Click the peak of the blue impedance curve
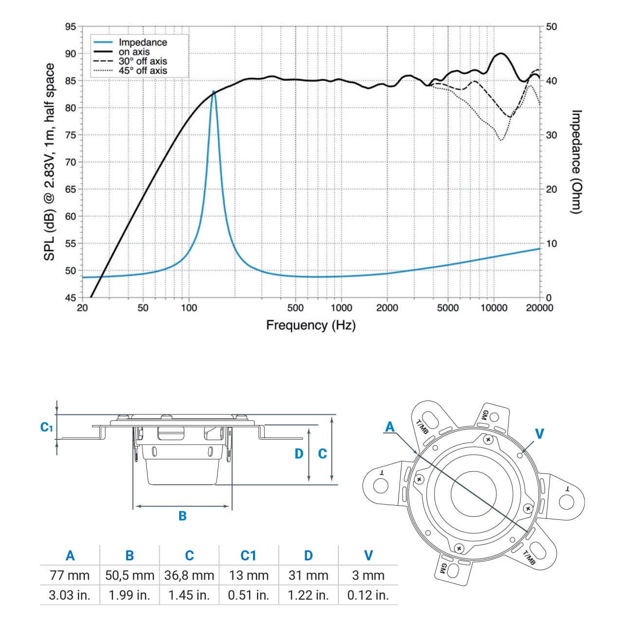pyautogui.click(x=213, y=91)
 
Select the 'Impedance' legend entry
pyautogui.click(x=142, y=43)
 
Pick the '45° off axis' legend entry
pyautogui.click(x=142, y=71)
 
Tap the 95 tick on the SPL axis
pyautogui.click(x=71, y=27)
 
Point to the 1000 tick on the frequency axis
pyautogui.click(x=341, y=308)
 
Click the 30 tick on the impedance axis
pyautogui.click(x=551, y=135)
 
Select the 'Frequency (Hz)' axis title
pyautogui.click(x=311, y=325)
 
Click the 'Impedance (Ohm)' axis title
pyautogui.click(x=576, y=162)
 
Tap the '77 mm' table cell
pyautogui.click(x=70, y=575)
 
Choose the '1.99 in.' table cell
pyautogui.click(x=129, y=595)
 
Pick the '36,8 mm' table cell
pyautogui.click(x=189, y=575)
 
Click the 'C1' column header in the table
pyautogui.click(x=248, y=555)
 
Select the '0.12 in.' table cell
pyautogui.click(x=368, y=595)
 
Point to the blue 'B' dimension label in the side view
pyautogui.click(x=183, y=516)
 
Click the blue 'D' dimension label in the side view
pyautogui.click(x=299, y=454)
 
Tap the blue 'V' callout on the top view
pyautogui.click(x=539, y=434)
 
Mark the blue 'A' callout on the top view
pyautogui.click(x=390, y=427)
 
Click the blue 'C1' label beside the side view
pyautogui.click(x=46, y=428)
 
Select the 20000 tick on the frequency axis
pyautogui.click(x=540, y=308)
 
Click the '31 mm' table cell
pyautogui.click(x=308, y=575)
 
